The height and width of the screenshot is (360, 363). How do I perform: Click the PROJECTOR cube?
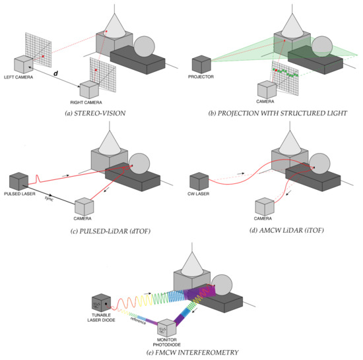coord(201,66)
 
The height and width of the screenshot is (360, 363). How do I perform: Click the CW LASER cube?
coord(199,182)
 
